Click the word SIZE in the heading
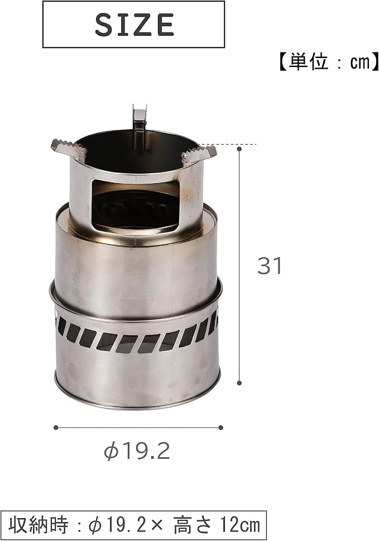click(134, 24)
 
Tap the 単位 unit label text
click(308, 63)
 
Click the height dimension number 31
click(270, 266)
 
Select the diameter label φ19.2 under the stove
click(137, 451)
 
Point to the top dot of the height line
click(239, 149)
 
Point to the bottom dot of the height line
click(239, 382)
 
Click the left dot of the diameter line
click(56, 428)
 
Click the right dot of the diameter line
click(220, 428)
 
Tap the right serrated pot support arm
click(199, 153)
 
